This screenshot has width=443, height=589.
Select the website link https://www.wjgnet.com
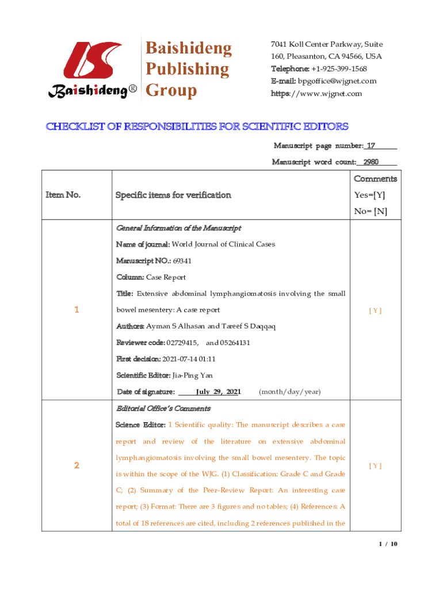316,93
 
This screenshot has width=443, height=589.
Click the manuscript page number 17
372,146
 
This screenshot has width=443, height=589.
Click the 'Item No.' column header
63,195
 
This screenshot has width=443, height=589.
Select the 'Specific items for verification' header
174,195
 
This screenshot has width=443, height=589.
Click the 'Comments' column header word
375,179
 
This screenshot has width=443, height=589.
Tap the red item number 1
76,310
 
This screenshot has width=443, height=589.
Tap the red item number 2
76,466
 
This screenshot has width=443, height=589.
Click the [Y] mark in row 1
375,311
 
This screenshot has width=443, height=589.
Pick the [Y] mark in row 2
375,466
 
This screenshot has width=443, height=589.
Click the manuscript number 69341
182,261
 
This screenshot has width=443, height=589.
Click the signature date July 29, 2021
217,392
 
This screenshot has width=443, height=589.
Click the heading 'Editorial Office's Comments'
163,408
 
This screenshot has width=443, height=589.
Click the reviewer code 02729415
182,343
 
